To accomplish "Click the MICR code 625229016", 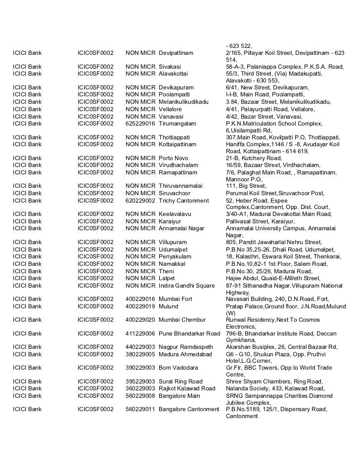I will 140,123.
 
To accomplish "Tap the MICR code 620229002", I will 140,201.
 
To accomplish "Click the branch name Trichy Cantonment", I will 184,201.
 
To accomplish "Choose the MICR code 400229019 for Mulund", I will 140,306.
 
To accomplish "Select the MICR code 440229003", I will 140,347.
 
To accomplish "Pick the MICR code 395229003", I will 140,381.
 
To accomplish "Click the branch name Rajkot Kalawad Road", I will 187,388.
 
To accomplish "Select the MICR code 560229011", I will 140,409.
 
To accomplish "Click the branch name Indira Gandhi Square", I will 187,286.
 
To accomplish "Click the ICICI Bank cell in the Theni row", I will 28,271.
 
